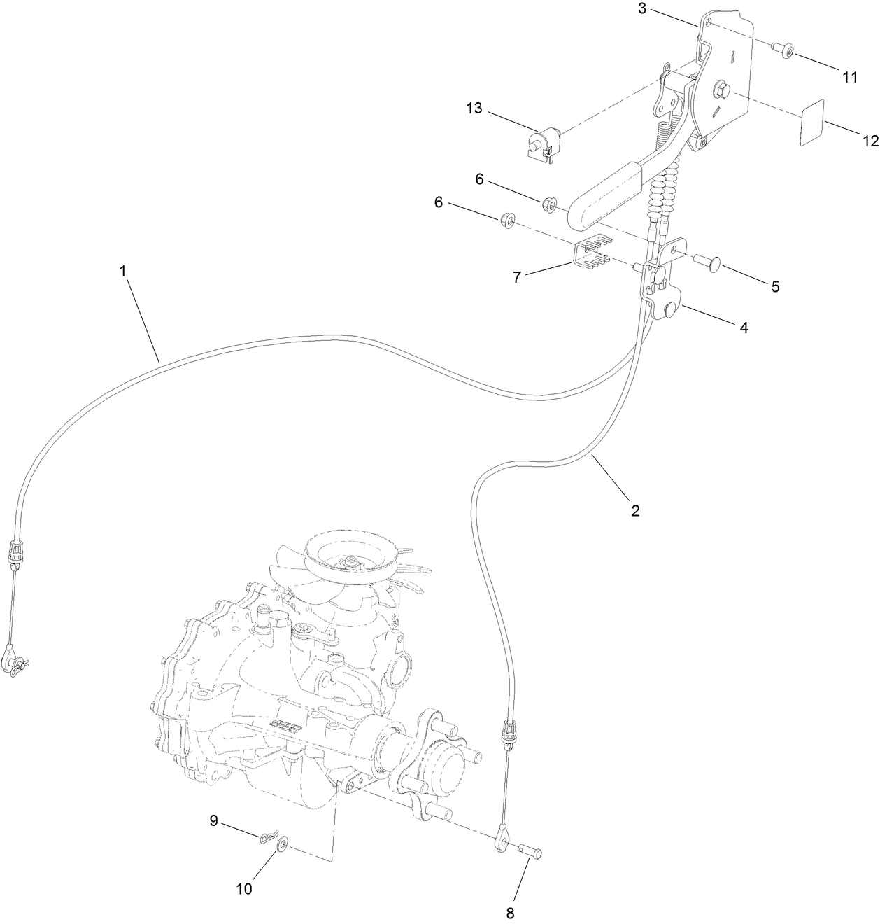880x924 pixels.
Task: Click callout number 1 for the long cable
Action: point(123,271)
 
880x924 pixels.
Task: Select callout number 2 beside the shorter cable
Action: point(635,510)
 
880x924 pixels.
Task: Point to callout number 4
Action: point(744,327)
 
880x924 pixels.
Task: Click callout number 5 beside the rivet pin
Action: point(775,286)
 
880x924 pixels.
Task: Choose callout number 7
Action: point(517,277)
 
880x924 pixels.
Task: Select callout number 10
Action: point(244,889)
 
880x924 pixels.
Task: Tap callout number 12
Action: point(870,141)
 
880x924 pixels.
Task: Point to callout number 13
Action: point(475,108)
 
